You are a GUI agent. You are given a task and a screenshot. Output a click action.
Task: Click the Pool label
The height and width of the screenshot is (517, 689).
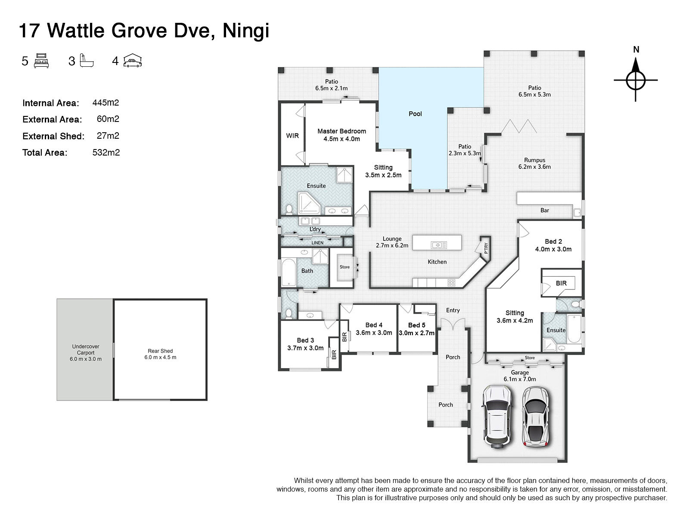pos(415,114)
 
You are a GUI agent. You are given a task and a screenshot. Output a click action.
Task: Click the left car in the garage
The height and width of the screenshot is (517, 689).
pos(497,417)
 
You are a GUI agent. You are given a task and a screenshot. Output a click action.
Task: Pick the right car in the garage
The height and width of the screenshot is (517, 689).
pos(536,417)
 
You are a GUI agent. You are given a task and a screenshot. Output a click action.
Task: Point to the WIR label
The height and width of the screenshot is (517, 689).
pos(292,136)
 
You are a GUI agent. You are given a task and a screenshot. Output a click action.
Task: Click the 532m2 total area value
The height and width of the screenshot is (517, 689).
pos(106,153)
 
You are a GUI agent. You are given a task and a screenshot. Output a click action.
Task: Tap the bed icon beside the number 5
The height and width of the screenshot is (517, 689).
pos(41,61)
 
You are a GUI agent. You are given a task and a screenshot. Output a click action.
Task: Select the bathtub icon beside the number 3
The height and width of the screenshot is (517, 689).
pos(87,61)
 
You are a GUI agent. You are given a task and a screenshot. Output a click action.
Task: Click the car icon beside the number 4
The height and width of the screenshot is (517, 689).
pos(133,61)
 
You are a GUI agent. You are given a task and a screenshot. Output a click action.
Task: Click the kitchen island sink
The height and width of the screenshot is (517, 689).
pos(438,245)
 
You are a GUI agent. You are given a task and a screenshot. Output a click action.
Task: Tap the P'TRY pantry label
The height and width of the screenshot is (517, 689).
pos(486,248)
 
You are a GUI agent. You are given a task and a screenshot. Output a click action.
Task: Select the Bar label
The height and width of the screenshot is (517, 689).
pos(545,210)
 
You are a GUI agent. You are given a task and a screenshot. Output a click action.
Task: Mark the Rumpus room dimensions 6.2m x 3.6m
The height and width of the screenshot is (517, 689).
pos(534,167)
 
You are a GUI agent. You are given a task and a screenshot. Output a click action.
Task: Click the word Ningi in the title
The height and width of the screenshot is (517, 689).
pos(246,31)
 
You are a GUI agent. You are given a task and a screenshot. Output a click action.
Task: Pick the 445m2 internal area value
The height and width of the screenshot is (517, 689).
pos(106,103)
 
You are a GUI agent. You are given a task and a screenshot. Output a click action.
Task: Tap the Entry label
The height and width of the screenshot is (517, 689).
pos(453,310)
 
